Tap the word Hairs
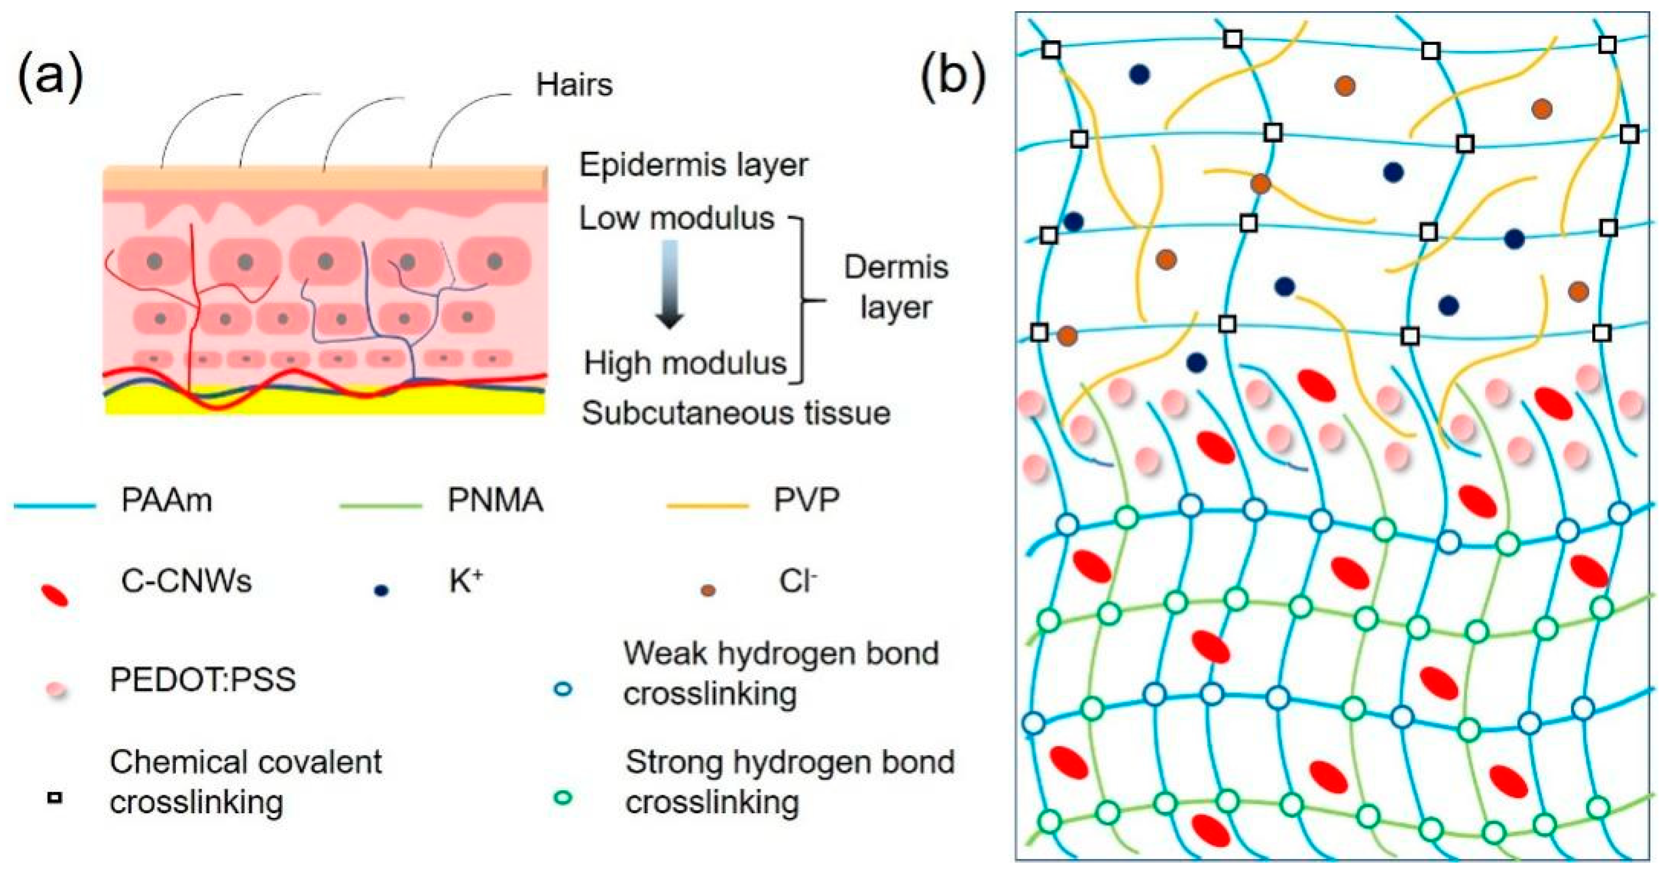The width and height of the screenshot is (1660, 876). [x=573, y=85]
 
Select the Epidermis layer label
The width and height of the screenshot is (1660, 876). [x=693, y=165]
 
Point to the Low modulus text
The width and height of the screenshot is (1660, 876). [x=676, y=218]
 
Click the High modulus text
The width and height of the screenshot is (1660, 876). [x=684, y=364]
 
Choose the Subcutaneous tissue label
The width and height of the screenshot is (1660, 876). [x=735, y=413]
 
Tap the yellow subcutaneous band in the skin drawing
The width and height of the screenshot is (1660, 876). [x=322, y=403]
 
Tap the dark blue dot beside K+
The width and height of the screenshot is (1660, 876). [x=381, y=590]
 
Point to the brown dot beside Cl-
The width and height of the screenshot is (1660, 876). [x=707, y=590]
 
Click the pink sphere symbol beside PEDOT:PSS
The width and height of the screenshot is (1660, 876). [x=56, y=689]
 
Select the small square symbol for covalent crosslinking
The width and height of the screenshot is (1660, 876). [x=55, y=798]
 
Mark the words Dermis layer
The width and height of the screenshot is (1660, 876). [x=896, y=287]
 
